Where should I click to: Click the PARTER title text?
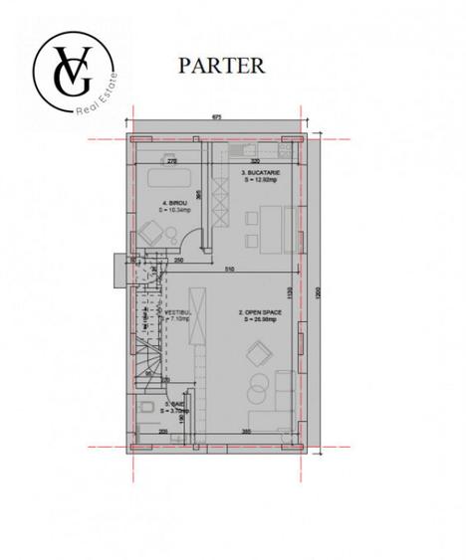(x=221, y=66)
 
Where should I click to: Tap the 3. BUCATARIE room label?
(x=261, y=176)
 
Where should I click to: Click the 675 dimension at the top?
(x=216, y=118)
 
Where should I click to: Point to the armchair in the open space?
(x=261, y=353)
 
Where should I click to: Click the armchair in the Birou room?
(x=151, y=234)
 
